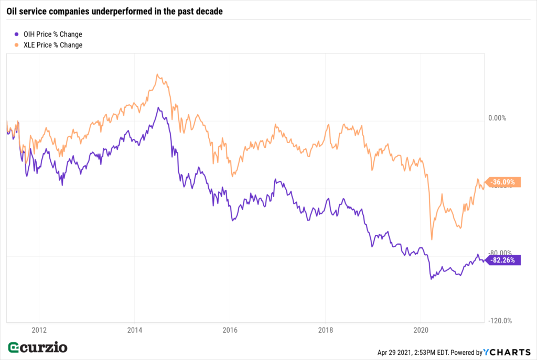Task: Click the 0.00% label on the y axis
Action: [x=497, y=118]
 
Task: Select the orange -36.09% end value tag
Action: [x=504, y=182]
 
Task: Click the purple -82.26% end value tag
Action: [x=504, y=260]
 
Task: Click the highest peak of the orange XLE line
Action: [x=158, y=74]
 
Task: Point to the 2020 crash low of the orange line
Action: [x=432, y=239]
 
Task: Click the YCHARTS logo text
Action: [x=507, y=352]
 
